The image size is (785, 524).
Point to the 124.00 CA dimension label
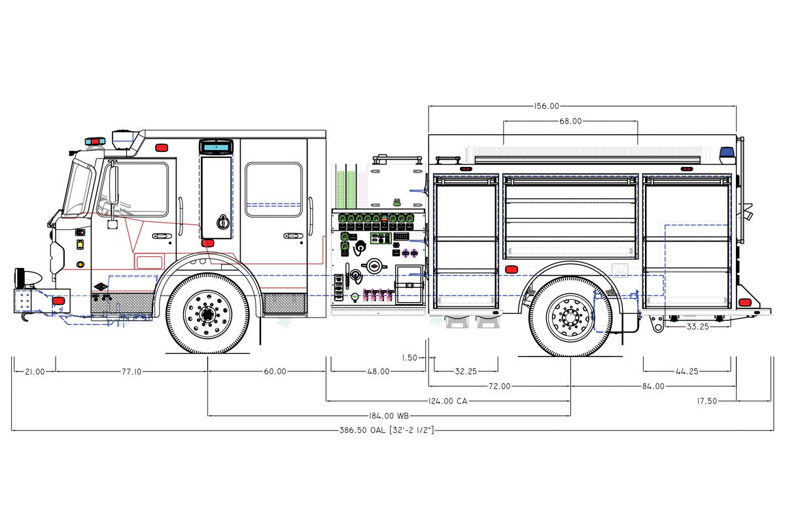448,401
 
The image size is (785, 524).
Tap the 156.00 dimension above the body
546,106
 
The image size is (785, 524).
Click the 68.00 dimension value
570,121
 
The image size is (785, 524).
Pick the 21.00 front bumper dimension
35,371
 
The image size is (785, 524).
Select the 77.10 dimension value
131,371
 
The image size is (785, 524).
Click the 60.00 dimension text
275,371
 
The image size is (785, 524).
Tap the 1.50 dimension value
410,358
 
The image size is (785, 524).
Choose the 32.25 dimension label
466,371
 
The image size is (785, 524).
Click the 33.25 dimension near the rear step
697,326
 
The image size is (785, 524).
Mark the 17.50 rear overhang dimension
706,401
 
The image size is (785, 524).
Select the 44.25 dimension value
686,371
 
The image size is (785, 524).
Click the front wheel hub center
208,313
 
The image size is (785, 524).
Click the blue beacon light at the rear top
727,155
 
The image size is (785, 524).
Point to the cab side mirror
114,185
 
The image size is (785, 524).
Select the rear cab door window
273,189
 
